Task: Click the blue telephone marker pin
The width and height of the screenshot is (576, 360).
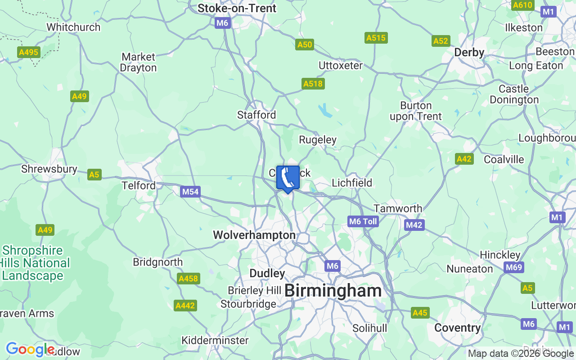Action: click(x=288, y=178)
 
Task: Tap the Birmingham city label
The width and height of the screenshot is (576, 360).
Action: click(x=333, y=291)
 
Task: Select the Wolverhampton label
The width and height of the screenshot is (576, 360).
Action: click(x=254, y=235)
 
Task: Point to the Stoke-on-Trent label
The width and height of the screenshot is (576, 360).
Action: click(x=237, y=8)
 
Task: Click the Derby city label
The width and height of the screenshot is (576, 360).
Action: click(x=469, y=52)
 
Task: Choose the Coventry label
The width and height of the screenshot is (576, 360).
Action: click(x=457, y=328)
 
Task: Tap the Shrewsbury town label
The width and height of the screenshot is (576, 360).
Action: click(x=49, y=169)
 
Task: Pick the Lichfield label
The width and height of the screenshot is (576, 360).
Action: click(x=352, y=183)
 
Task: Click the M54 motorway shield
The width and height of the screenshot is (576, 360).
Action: click(x=190, y=192)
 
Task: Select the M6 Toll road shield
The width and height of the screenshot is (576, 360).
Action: click(x=363, y=221)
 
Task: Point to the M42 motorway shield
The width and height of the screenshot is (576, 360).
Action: click(x=414, y=225)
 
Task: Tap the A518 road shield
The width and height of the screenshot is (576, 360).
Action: click(x=313, y=84)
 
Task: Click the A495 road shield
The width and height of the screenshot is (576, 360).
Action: click(x=29, y=52)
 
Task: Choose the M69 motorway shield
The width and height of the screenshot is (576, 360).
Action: click(x=513, y=267)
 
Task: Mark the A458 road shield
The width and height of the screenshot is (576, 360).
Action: click(x=188, y=279)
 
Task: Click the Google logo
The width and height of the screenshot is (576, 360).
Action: click(x=30, y=349)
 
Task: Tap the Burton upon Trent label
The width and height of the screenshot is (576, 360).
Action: click(x=416, y=111)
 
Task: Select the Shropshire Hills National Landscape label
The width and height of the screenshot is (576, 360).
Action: click(x=35, y=263)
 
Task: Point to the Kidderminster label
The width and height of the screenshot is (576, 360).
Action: click(x=215, y=340)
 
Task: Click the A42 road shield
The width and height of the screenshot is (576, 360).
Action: click(x=464, y=158)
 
